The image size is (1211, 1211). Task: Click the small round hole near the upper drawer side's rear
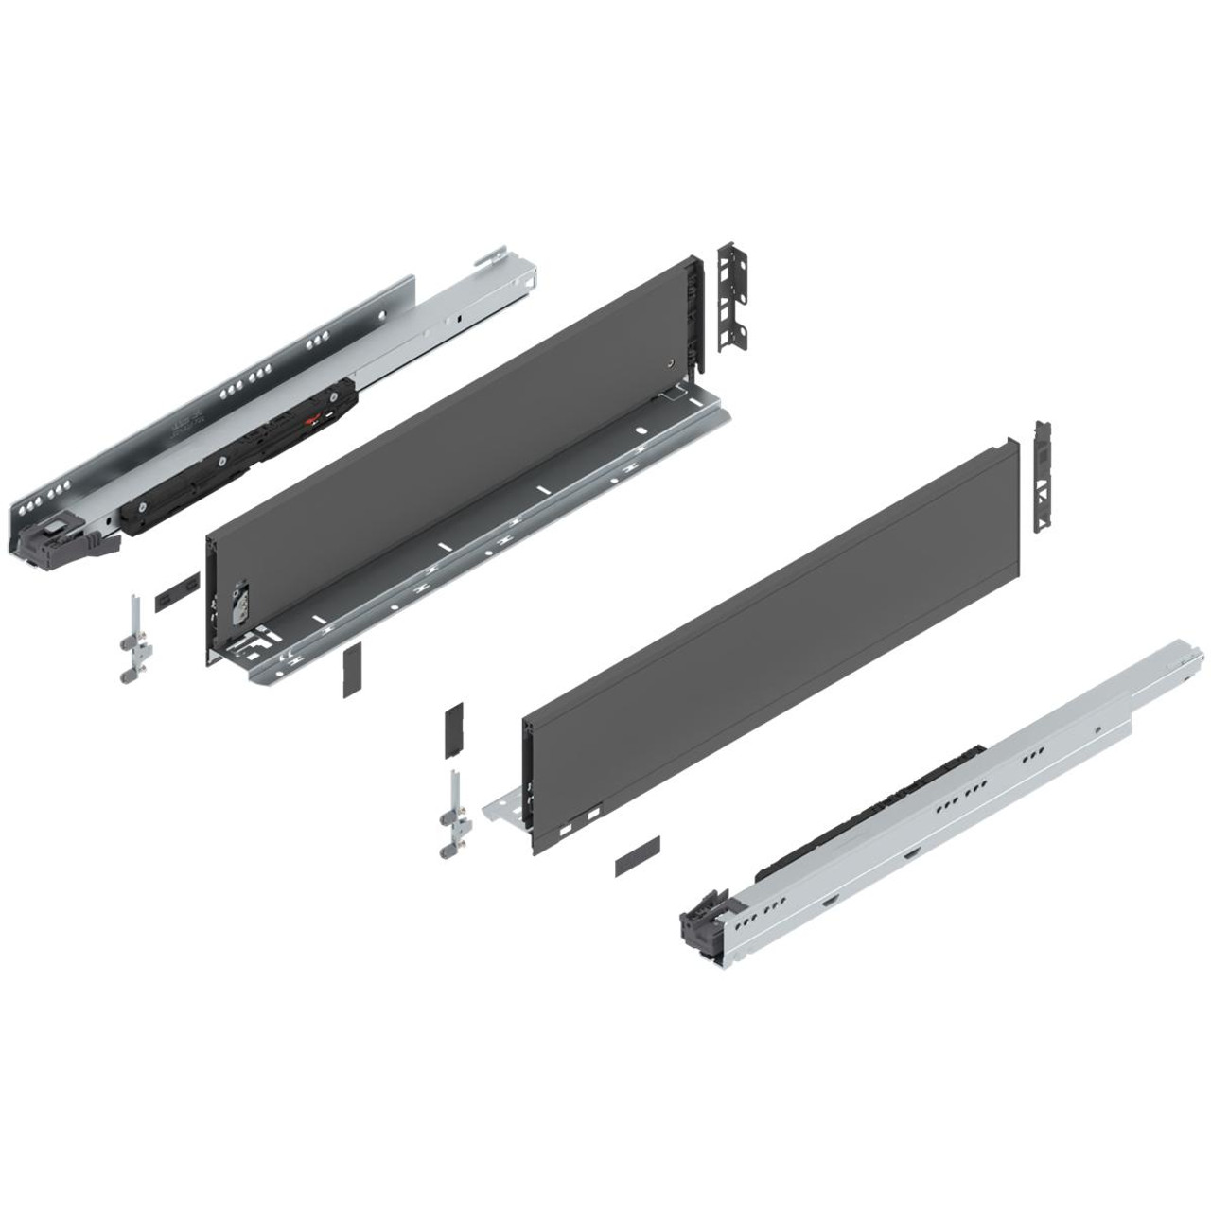click(x=671, y=362)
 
